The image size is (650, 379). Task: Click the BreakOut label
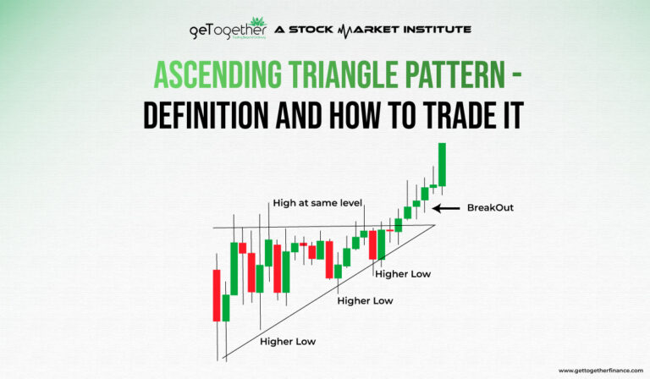point(490,207)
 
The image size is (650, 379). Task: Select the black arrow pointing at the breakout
point(446,207)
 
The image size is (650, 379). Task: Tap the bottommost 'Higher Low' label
point(288,341)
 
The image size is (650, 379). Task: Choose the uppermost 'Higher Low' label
point(403,273)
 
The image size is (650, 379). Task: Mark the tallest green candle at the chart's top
point(441,164)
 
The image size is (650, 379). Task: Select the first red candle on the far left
point(217,295)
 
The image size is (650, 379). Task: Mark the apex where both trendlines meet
point(435,225)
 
